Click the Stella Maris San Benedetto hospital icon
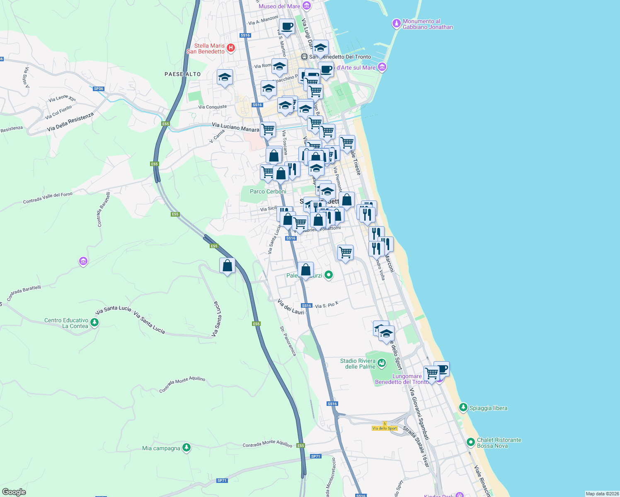[x=231, y=48]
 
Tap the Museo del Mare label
[x=279, y=6]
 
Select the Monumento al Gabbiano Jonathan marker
[x=397, y=24]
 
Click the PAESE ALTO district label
[x=182, y=74]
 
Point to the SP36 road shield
[x=98, y=89]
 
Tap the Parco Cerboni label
[x=268, y=191]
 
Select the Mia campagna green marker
[x=186, y=448]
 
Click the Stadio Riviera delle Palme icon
[x=382, y=364]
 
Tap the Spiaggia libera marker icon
[x=463, y=408]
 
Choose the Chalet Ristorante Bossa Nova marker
[x=470, y=442]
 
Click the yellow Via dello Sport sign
[x=385, y=428]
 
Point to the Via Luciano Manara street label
[x=235, y=127]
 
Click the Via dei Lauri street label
[x=291, y=306]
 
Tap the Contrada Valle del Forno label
[x=48, y=198]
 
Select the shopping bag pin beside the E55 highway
[x=227, y=266]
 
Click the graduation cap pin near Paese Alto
[x=225, y=77]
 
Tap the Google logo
[x=14, y=492]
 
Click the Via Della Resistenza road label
[x=70, y=122]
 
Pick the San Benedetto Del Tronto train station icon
[x=304, y=57]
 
